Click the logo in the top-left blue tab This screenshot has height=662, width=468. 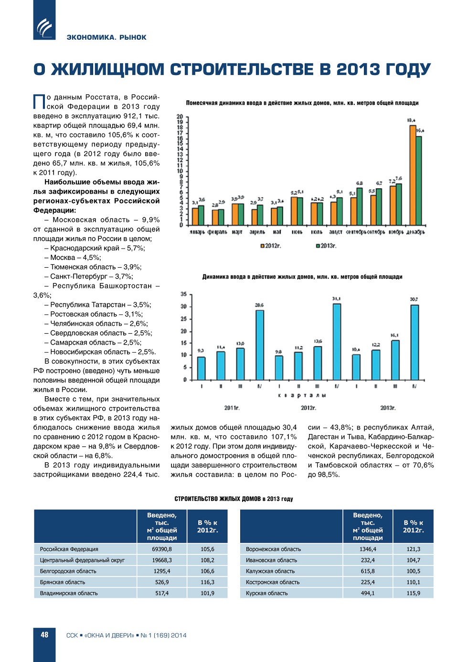click(x=44, y=28)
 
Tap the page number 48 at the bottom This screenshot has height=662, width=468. click(x=44, y=635)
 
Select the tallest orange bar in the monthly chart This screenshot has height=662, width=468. click(x=413, y=175)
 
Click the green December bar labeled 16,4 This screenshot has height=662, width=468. click(x=419, y=181)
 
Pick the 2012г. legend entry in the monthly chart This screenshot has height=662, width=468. click(x=270, y=246)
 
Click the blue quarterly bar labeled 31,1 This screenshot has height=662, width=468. click(x=337, y=342)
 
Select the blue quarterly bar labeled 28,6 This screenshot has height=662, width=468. click(x=259, y=345)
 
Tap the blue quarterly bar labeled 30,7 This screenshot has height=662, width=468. click(x=415, y=342)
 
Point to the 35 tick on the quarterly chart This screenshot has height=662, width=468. click(x=183, y=294)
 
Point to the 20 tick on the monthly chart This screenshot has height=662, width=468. click(x=180, y=117)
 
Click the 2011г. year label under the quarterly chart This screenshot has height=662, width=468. click(x=232, y=408)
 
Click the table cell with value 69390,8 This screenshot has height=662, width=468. click(x=162, y=549)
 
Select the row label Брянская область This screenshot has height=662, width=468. click(x=63, y=582)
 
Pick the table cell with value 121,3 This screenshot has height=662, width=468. click(x=413, y=549)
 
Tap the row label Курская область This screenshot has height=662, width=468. click(x=266, y=593)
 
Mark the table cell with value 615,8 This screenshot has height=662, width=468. click(x=368, y=571)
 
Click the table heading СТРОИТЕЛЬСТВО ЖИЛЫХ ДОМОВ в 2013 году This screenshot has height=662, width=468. click(x=234, y=499)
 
